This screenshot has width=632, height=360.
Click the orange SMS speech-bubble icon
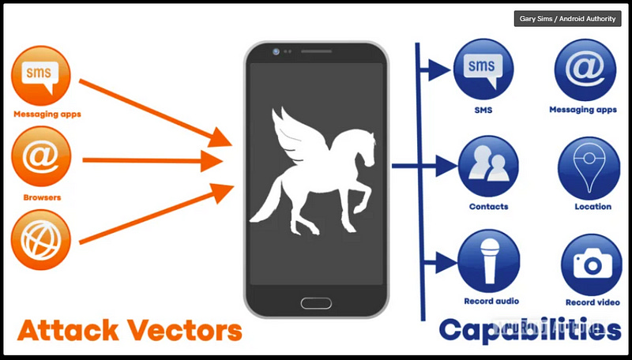point(41,76)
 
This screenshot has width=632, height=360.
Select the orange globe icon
point(41,240)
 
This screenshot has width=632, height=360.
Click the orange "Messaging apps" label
point(47,114)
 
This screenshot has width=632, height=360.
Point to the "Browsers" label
point(43,197)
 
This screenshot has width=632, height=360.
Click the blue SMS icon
point(483,68)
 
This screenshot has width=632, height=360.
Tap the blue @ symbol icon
point(585,68)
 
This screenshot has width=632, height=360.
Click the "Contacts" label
point(488,207)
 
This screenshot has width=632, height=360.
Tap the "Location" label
point(593,207)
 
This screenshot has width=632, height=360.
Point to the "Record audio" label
point(491,302)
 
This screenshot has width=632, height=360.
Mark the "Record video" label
point(592,302)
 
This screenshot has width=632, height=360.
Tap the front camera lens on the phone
point(276,51)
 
